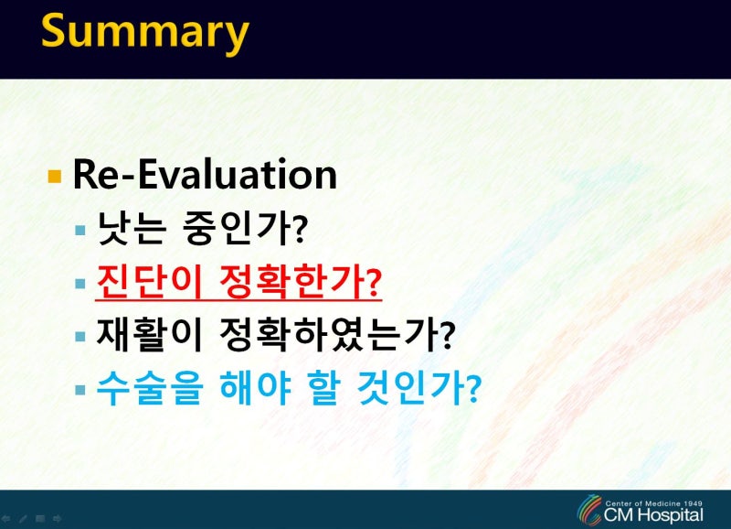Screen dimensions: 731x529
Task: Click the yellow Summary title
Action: pos(145,33)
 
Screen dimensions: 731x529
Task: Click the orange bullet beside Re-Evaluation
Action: pos(55,177)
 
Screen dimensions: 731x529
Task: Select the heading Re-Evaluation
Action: pos(205,174)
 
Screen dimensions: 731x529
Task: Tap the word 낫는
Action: pos(132,228)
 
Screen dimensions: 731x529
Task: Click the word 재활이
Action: pos(149,335)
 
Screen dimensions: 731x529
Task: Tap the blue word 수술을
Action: pos(150,388)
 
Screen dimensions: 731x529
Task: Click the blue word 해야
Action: pos(255,388)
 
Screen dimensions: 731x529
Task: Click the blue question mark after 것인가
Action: pos(473,390)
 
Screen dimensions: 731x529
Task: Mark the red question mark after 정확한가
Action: pos(374,283)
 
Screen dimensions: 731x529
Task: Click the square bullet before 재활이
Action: pos(80,337)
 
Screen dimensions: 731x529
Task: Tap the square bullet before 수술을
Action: pos(80,390)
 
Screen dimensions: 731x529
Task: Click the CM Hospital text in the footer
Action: pos(653,515)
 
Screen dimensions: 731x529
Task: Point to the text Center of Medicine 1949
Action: pos(653,503)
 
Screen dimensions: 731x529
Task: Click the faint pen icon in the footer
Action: pos(23,518)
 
